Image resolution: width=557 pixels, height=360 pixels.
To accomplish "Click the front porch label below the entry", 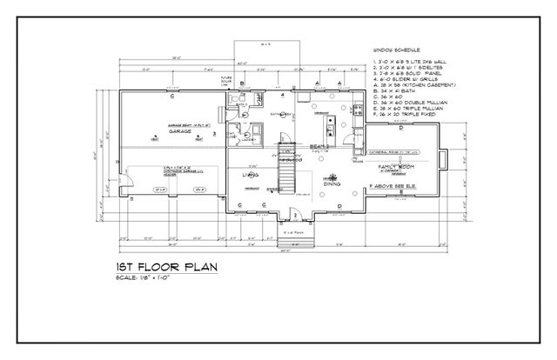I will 293,232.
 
